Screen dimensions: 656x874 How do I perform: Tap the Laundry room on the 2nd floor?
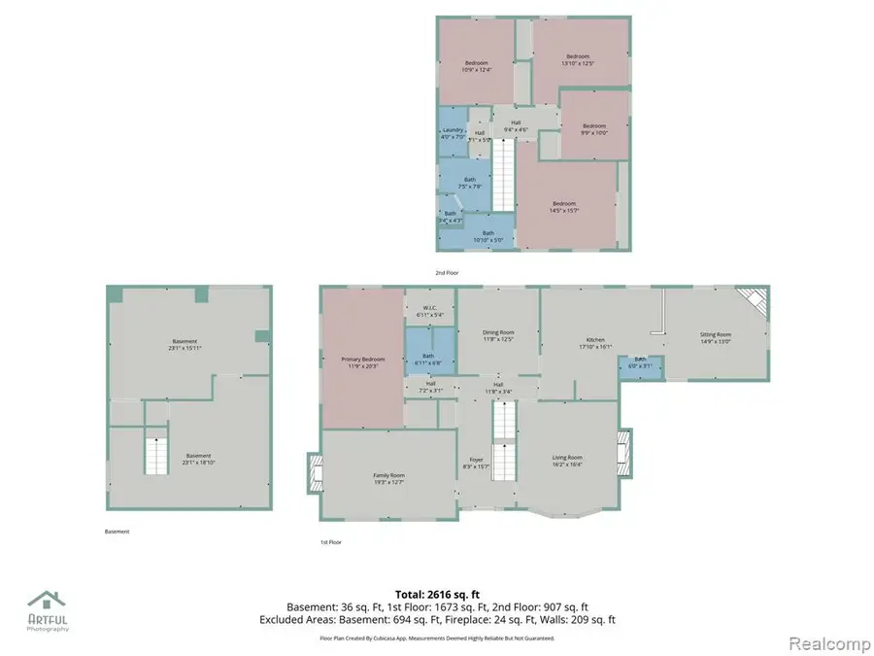453,134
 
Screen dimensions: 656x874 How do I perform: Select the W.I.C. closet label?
429,310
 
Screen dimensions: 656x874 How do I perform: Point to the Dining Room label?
498,333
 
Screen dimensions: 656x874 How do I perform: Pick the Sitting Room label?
717,334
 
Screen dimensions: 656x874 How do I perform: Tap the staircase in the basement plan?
155,456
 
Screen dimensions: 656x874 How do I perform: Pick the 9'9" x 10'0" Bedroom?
593,128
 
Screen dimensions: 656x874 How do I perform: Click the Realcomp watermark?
823,642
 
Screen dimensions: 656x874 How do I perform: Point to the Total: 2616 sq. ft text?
437,594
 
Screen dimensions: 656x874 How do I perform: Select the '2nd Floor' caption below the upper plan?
448,273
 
